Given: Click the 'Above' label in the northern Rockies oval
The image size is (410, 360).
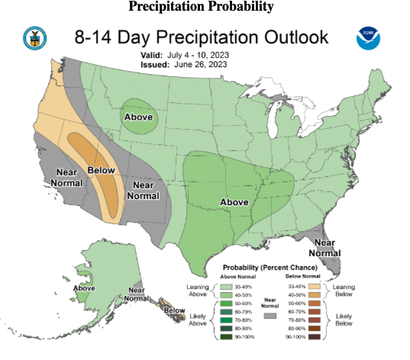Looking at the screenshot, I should pyautogui.click(x=138, y=117).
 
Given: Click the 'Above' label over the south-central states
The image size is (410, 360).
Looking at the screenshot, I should pyautogui.click(x=235, y=201).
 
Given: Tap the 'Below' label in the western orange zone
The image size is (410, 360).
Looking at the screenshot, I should pyautogui.click(x=102, y=170).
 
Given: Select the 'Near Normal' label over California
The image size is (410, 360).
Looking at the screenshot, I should pyautogui.click(x=66, y=178).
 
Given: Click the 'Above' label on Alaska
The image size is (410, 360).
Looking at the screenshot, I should pyautogui.click(x=84, y=288).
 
